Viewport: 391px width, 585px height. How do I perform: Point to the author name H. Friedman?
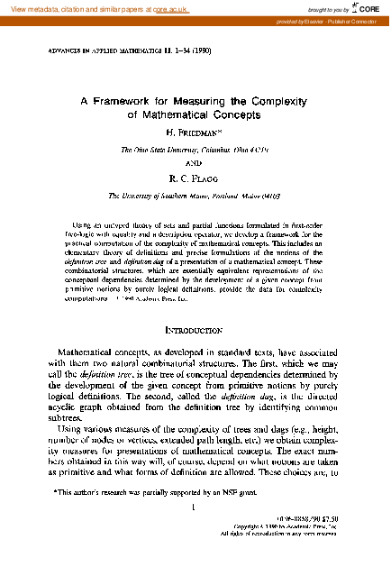pyautogui.click(x=195, y=133)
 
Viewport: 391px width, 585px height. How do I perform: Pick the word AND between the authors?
pyautogui.click(x=195, y=164)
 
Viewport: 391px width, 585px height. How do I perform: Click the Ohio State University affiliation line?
pyautogui.click(x=195, y=149)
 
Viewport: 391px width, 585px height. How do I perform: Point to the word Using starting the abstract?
pyautogui.click(x=83, y=222)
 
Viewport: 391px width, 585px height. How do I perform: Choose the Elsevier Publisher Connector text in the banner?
pyautogui.click(x=338, y=20)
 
